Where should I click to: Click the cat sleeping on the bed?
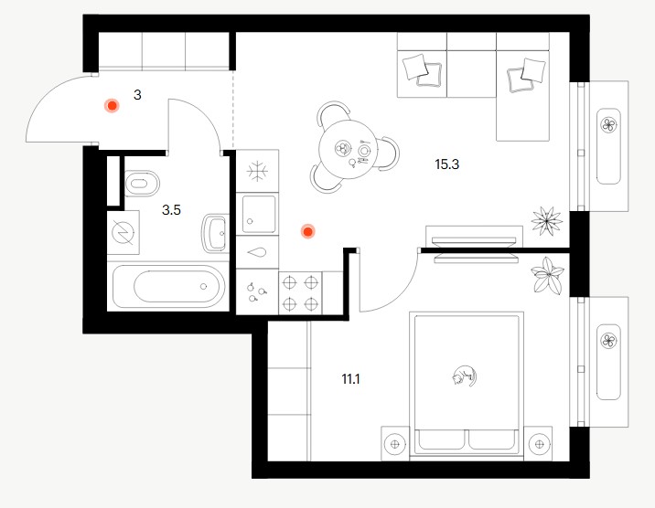(465, 376)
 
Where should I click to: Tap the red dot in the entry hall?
(112, 106)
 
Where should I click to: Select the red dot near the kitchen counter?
(308, 231)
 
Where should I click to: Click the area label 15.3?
(446, 164)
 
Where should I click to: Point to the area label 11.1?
(351, 379)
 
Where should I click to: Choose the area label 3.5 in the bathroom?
(171, 210)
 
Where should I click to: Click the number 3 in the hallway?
(137, 95)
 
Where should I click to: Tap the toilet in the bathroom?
(142, 183)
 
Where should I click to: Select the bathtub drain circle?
(203, 287)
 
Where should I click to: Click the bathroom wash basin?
(216, 233)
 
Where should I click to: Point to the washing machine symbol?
(123, 233)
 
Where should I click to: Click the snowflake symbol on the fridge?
(257, 171)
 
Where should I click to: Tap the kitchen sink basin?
(259, 214)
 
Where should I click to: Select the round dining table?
(348, 149)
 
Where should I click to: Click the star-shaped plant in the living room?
(546, 221)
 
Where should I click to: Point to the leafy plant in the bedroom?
(547, 275)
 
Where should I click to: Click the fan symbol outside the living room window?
(608, 124)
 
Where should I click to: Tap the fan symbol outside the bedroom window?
(608, 341)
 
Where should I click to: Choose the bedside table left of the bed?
(395, 444)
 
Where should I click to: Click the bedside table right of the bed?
(539, 444)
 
